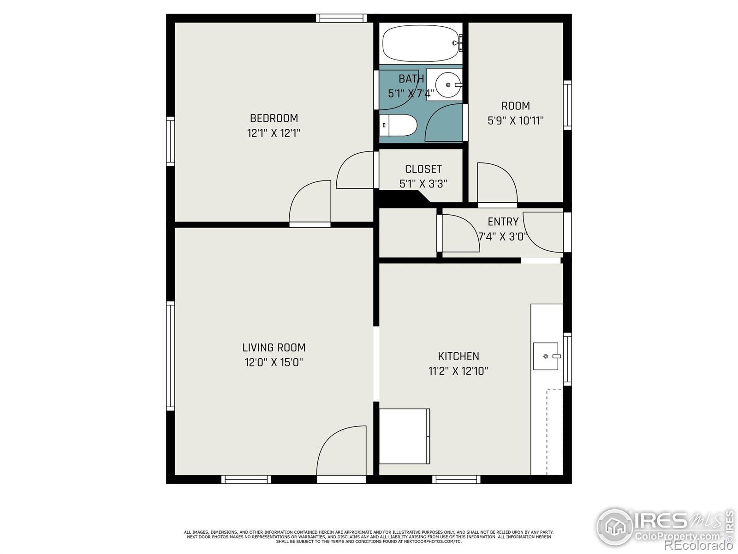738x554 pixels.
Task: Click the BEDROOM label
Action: click(x=274, y=118)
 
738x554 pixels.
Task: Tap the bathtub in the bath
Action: click(x=420, y=43)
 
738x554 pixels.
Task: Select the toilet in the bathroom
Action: click(x=399, y=125)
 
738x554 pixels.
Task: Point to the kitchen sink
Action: click(x=546, y=356)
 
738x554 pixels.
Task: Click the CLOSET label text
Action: click(x=423, y=169)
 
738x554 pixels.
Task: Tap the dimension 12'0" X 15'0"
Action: click(x=274, y=362)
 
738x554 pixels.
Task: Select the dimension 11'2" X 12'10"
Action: click(x=458, y=371)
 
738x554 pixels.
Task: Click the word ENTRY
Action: click(x=503, y=222)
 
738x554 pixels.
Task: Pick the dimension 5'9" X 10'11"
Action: click(x=515, y=121)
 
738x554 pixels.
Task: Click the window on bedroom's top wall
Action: click(x=341, y=18)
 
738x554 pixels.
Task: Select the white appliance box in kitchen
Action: click(x=405, y=436)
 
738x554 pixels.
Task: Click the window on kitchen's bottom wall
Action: click(x=456, y=479)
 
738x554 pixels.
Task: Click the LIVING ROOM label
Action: click(x=274, y=348)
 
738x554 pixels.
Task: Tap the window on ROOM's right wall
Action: click(x=567, y=105)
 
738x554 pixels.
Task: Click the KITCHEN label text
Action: click(x=458, y=356)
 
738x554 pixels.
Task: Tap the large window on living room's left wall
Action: click(x=171, y=355)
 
